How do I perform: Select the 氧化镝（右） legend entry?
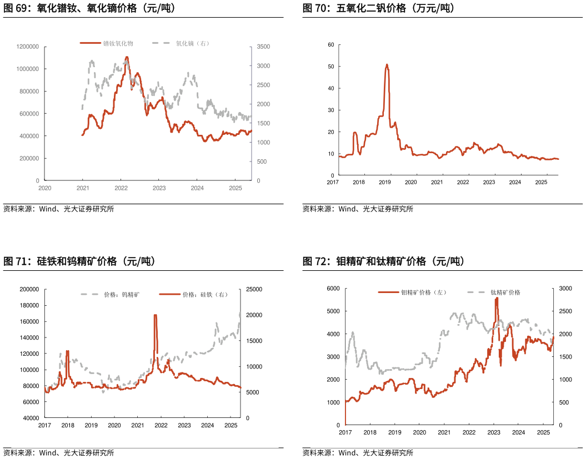[192, 43]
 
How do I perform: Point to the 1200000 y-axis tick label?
[28, 47]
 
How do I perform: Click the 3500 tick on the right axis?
[262, 47]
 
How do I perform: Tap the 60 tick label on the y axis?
[330, 44]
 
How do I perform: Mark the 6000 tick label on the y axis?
[333, 289]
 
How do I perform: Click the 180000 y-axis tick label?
[29, 305]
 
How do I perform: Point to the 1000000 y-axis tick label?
[28, 69]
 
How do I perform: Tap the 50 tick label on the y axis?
[330, 66]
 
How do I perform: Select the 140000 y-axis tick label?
[29, 337]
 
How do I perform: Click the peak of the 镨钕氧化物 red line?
[127, 57]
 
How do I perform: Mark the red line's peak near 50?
[387, 64]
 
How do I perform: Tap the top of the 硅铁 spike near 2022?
[155, 315]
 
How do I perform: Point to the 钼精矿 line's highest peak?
[496, 298]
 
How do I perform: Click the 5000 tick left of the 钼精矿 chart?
[333, 311]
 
